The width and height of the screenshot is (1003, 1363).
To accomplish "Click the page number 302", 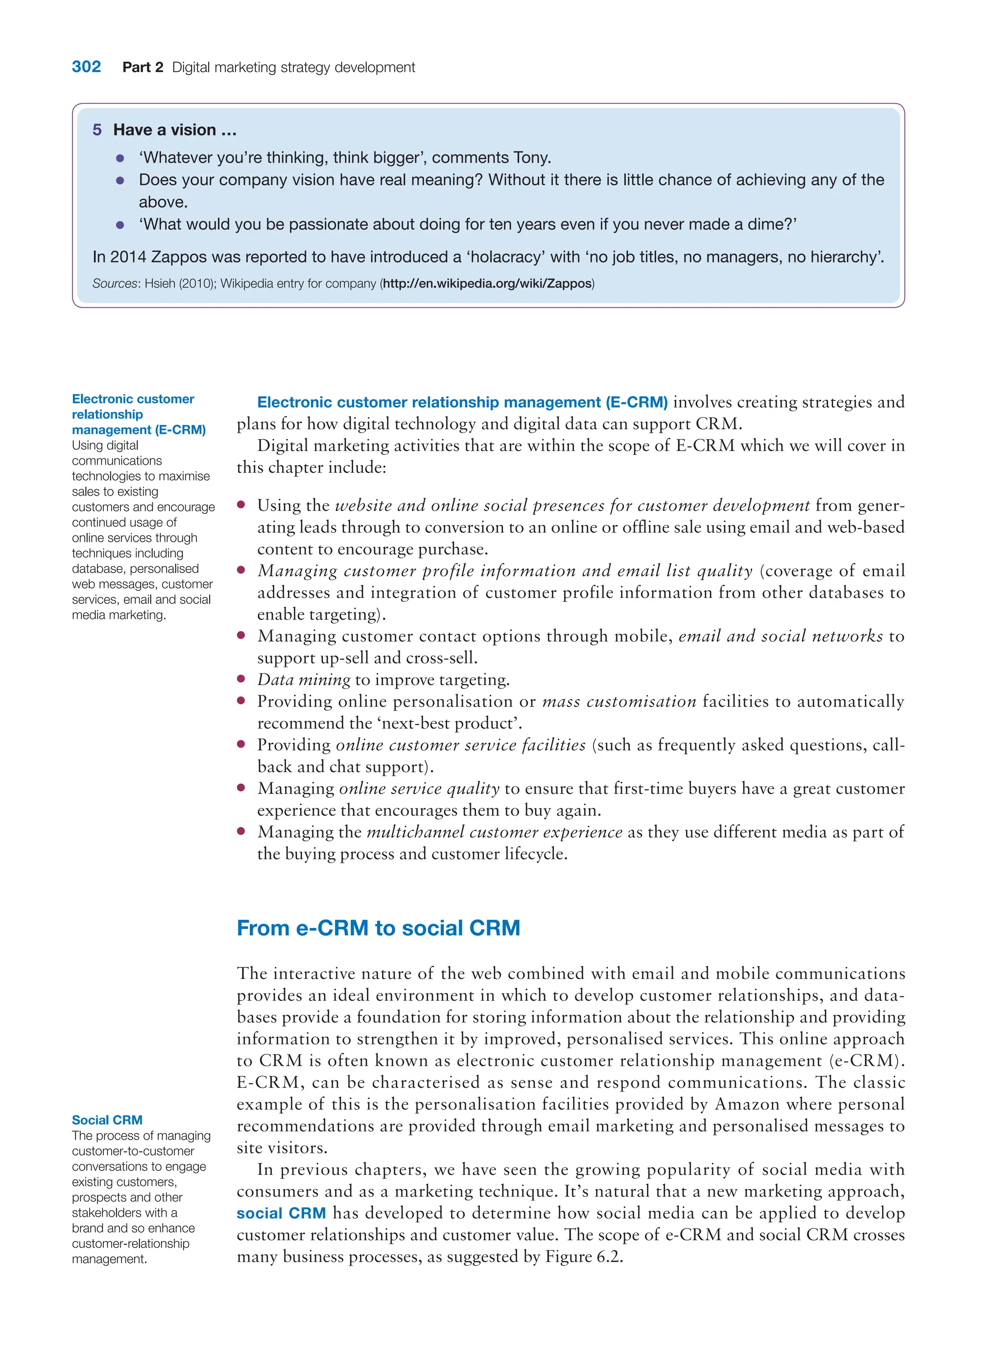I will tap(86, 67).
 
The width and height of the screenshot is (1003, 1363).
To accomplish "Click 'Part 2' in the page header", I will tap(143, 68).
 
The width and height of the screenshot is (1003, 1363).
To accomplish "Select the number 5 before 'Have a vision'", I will tap(97, 130).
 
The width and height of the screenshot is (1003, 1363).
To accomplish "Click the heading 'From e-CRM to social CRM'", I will tap(378, 928).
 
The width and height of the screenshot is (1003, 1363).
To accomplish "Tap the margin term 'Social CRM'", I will tap(107, 1120).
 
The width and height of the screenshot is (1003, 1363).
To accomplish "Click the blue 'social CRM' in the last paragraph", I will tap(281, 1213).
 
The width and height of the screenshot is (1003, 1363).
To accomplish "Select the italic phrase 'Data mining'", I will tap(304, 680).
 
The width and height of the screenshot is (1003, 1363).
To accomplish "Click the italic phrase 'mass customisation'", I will tap(619, 702).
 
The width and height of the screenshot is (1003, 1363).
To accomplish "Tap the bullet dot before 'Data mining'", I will tap(241, 679).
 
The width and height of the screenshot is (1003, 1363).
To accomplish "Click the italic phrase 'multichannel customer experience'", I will tap(494, 833).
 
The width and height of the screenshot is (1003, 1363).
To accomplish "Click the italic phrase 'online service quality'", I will tap(419, 789).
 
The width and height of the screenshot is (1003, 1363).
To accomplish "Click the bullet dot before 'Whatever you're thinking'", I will tap(120, 159).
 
